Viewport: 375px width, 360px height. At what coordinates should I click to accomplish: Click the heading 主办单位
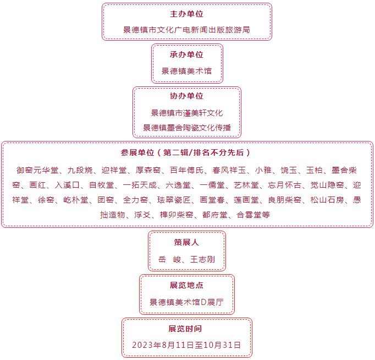click(186, 14)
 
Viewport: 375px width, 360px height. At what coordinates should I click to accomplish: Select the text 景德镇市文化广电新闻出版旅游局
click(186, 30)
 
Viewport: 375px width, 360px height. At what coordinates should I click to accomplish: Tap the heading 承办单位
click(186, 54)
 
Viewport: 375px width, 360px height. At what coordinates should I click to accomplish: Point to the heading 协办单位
click(186, 96)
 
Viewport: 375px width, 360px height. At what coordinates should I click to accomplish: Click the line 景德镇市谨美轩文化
click(187, 113)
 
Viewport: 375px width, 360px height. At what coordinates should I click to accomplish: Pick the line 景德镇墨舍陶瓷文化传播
click(187, 128)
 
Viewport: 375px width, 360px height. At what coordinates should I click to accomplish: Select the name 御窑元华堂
click(37, 170)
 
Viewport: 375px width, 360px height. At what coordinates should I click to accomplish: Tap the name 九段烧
click(80, 170)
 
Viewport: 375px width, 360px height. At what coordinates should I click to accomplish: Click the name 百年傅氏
click(186, 170)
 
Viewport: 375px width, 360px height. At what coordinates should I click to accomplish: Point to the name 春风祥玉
click(229, 170)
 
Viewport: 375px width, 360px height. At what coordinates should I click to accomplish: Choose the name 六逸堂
click(178, 185)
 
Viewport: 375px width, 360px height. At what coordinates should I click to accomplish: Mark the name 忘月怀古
click(284, 185)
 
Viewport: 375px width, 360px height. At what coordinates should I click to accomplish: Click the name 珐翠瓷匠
click(174, 200)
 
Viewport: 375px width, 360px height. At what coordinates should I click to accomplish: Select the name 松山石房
click(327, 200)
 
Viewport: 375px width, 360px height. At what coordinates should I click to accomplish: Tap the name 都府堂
click(215, 215)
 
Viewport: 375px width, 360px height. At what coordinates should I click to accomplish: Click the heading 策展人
click(186, 242)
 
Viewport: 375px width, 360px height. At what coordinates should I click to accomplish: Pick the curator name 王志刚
click(202, 259)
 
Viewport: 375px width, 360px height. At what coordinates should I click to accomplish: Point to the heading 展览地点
click(186, 285)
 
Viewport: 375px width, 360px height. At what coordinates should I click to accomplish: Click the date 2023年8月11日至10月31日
click(186, 345)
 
